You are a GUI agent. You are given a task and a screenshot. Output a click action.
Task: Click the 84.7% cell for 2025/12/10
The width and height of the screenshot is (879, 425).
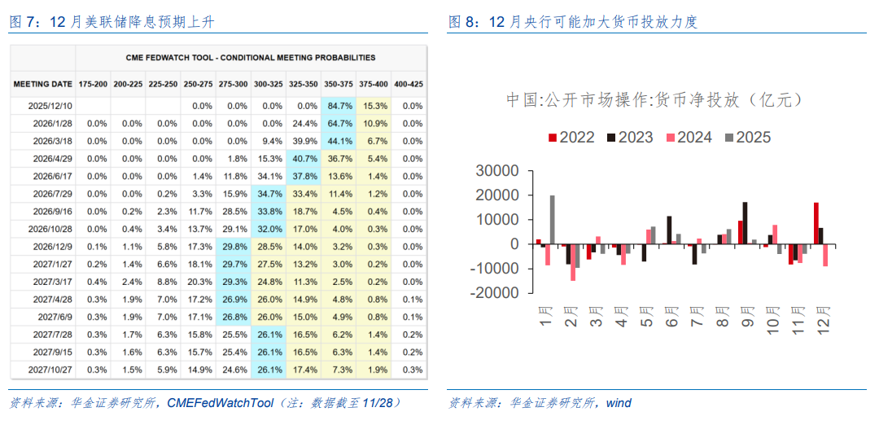coord(339,106)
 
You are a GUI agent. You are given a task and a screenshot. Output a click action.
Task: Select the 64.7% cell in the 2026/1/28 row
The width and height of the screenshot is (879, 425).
coord(339,123)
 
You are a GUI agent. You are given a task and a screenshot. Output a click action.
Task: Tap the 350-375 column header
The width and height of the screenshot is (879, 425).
coord(339,84)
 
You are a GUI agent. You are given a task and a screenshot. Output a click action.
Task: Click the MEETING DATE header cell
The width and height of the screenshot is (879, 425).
coord(42,84)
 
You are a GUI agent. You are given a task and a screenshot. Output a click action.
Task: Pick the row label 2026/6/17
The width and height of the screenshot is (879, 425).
coord(50,176)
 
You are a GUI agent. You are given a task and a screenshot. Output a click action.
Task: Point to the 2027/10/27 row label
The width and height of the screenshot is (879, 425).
coord(50,370)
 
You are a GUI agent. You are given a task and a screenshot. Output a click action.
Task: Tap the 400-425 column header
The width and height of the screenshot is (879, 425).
coord(409,84)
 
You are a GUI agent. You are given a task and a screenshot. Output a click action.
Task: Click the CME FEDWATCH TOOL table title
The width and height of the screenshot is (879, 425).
coord(251,58)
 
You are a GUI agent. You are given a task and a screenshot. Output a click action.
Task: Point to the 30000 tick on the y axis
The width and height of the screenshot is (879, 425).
coord(497,171)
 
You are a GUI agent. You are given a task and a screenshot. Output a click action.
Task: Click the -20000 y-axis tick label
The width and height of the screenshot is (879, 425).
coord(494,293)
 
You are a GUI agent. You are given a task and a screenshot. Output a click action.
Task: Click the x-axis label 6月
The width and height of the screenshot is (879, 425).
coord(671,315)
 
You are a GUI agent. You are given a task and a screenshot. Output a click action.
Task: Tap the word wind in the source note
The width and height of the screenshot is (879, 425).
coord(619,403)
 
